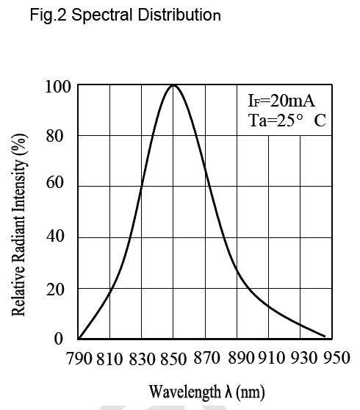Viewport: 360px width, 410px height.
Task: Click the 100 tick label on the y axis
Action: tap(58, 87)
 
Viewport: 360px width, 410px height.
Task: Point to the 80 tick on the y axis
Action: tap(54, 136)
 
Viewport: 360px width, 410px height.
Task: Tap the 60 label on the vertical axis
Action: tap(54, 182)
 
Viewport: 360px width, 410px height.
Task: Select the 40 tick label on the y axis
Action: tap(55, 236)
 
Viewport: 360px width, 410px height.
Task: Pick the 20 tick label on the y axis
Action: tap(55, 290)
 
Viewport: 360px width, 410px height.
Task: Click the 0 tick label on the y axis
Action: tap(59, 339)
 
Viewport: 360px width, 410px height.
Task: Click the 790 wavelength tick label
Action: tap(79, 359)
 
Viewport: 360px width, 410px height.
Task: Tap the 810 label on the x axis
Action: tap(109, 359)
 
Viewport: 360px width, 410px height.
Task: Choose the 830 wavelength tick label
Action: tap(142, 359)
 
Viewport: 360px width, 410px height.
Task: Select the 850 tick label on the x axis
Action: tap(173, 359)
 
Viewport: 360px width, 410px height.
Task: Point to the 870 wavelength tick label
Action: tap(206, 358)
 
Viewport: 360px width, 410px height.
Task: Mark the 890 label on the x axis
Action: tap(241, 358)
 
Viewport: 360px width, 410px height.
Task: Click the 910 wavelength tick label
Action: tap(271, 358)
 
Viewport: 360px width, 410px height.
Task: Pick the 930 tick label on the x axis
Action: tap(303, 358)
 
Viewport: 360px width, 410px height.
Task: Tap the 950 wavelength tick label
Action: tap(336, 358)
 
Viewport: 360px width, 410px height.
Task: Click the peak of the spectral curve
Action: tap(173, 85)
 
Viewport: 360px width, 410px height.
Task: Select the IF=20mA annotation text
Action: tap(281, 101)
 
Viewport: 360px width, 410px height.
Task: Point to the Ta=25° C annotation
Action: tap(287, 121)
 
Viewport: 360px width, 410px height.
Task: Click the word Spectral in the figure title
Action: tap(102, 15)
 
